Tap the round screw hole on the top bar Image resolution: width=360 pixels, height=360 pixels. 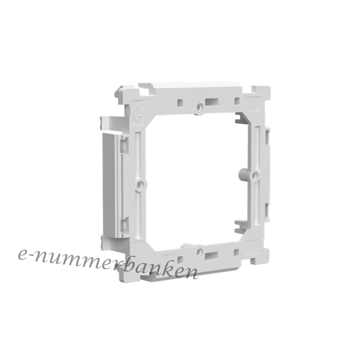(200, 106)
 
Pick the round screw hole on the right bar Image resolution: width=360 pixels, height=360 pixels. (255, 176)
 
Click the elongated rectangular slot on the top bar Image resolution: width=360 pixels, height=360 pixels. (212, 101)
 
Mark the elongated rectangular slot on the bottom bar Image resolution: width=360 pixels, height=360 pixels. (211, 255)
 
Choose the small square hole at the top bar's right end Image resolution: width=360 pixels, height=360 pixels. (237, 101)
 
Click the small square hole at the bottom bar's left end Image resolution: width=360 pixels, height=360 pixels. (180, 260)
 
